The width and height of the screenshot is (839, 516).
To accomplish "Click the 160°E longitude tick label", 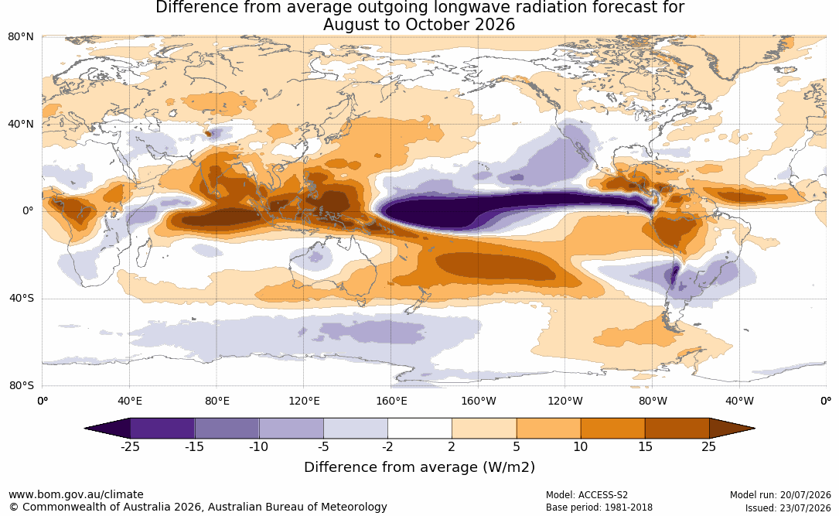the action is click(x=391, y=401).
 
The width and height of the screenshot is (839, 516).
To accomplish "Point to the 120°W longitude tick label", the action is click(x=565, y=401).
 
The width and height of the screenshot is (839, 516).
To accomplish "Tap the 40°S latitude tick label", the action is click(x=21, y=298).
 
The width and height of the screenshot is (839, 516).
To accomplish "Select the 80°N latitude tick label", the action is click(x=21, y=36).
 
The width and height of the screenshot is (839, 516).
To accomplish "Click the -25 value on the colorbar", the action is click(x=130, y=446).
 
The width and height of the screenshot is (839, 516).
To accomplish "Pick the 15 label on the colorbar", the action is click(x=645, y=446).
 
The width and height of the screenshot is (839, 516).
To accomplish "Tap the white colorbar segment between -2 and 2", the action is click(x=420, y=429).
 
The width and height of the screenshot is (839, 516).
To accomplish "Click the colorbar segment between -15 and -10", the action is click(x=227, y=429).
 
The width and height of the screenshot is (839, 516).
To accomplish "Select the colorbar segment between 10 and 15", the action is click(x=612, y=429).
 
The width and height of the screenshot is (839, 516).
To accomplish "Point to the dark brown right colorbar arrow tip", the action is click(x=755, y=429).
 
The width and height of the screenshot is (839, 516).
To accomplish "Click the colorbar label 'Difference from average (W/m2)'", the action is click(x=419, y=466).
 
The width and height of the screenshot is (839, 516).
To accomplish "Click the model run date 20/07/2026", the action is click(x=805, y=494).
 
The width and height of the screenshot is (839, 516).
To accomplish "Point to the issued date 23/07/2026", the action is click(x=805, y=507).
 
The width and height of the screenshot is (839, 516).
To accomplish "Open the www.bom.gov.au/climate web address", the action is click(x=76, y=494).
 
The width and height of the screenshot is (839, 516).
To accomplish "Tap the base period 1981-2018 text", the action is click(x=628, y=507).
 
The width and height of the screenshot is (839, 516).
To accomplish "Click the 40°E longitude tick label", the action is click(x=130, y=401).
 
